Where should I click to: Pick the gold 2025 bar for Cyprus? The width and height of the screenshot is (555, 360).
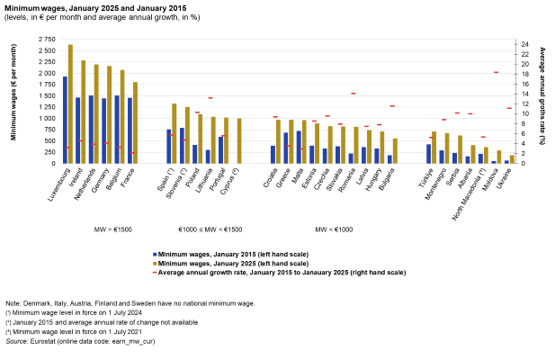coord(239,140)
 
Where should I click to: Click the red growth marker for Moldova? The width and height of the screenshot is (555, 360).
coord(496,72)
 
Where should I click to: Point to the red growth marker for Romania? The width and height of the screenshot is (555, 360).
coord(354,94)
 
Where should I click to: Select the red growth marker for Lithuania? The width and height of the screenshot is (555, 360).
coord(210,97)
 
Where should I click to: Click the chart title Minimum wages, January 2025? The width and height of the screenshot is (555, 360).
coord(90,7)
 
